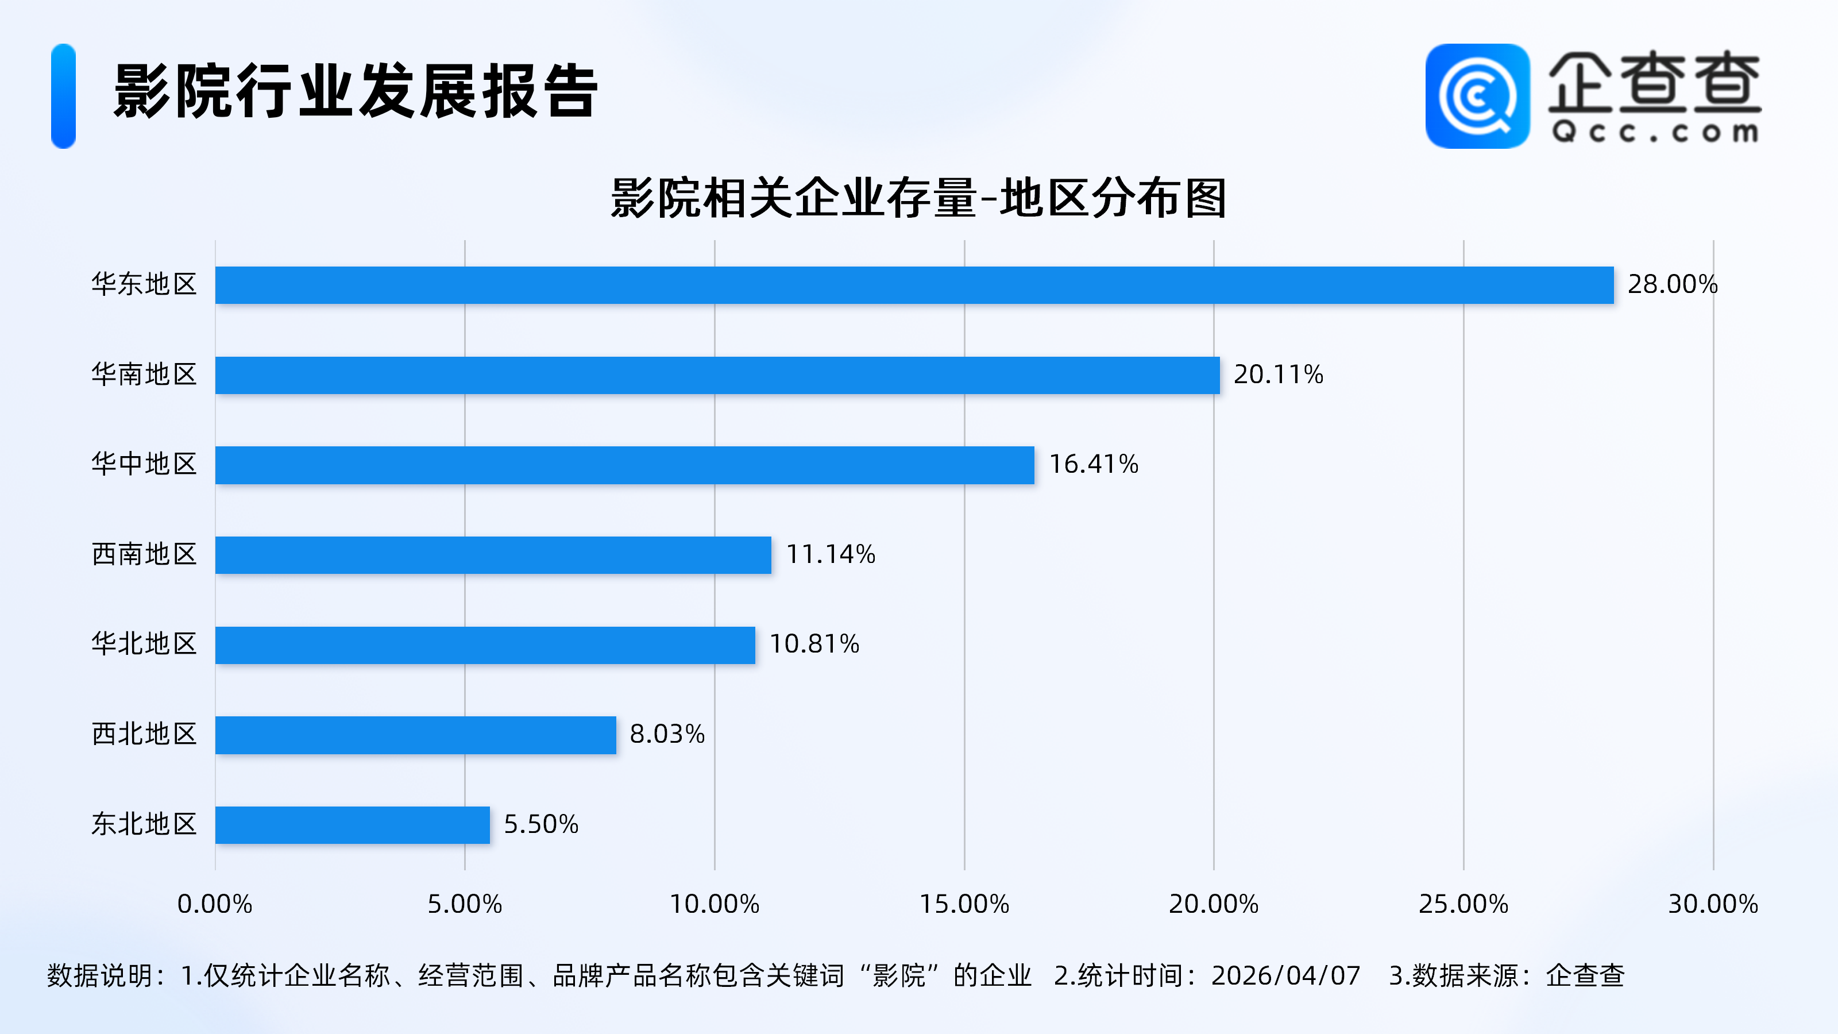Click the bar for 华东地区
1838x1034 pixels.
point(914,285)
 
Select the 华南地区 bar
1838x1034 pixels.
point(717,375)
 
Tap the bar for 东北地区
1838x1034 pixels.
point(353,825)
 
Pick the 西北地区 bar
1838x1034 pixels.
point(415,735)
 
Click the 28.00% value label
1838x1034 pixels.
point(1672,285)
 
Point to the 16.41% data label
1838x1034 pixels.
point(1093,465)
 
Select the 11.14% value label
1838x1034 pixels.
point(831,554)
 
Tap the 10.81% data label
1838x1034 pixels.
point(814,645)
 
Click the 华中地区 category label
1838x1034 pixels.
point(144,465)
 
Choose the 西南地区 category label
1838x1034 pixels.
point(144,554)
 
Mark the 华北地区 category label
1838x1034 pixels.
point(144,645)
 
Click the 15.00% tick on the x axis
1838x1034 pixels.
point(964,904)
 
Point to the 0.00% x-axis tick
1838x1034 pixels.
point(215,904)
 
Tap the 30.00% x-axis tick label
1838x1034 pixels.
point(1712,904)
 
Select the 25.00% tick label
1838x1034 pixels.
point(1463,904)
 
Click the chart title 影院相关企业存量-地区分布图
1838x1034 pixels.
point(918,198)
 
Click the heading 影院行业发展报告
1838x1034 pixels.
point(356,91)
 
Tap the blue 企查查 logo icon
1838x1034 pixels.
point(1477,97)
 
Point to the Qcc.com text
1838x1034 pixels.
point(1655,132)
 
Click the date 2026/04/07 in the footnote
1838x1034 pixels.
point(1286,975)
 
